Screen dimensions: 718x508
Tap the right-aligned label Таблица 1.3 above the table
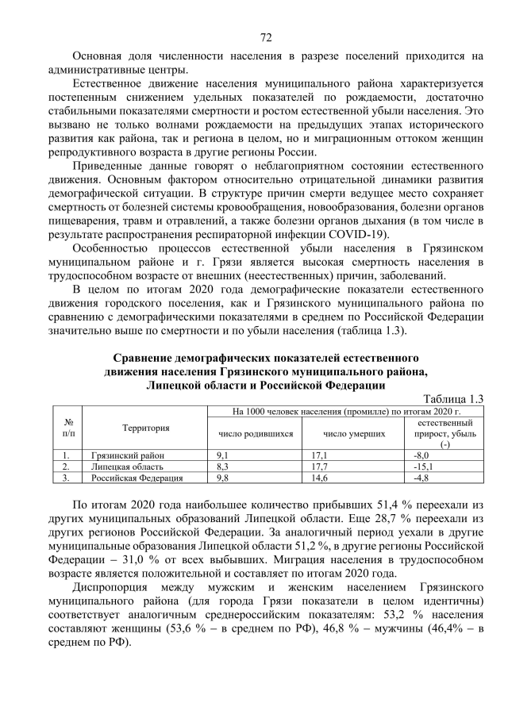[x=454, y=398]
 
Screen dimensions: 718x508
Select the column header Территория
[x=145, y=428]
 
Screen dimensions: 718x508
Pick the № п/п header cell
[x=68, y=428]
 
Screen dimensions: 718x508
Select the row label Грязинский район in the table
[x=118, y=456]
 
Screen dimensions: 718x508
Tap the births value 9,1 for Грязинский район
[x=223, y=456]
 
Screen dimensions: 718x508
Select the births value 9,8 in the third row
[x=223, y=478]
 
